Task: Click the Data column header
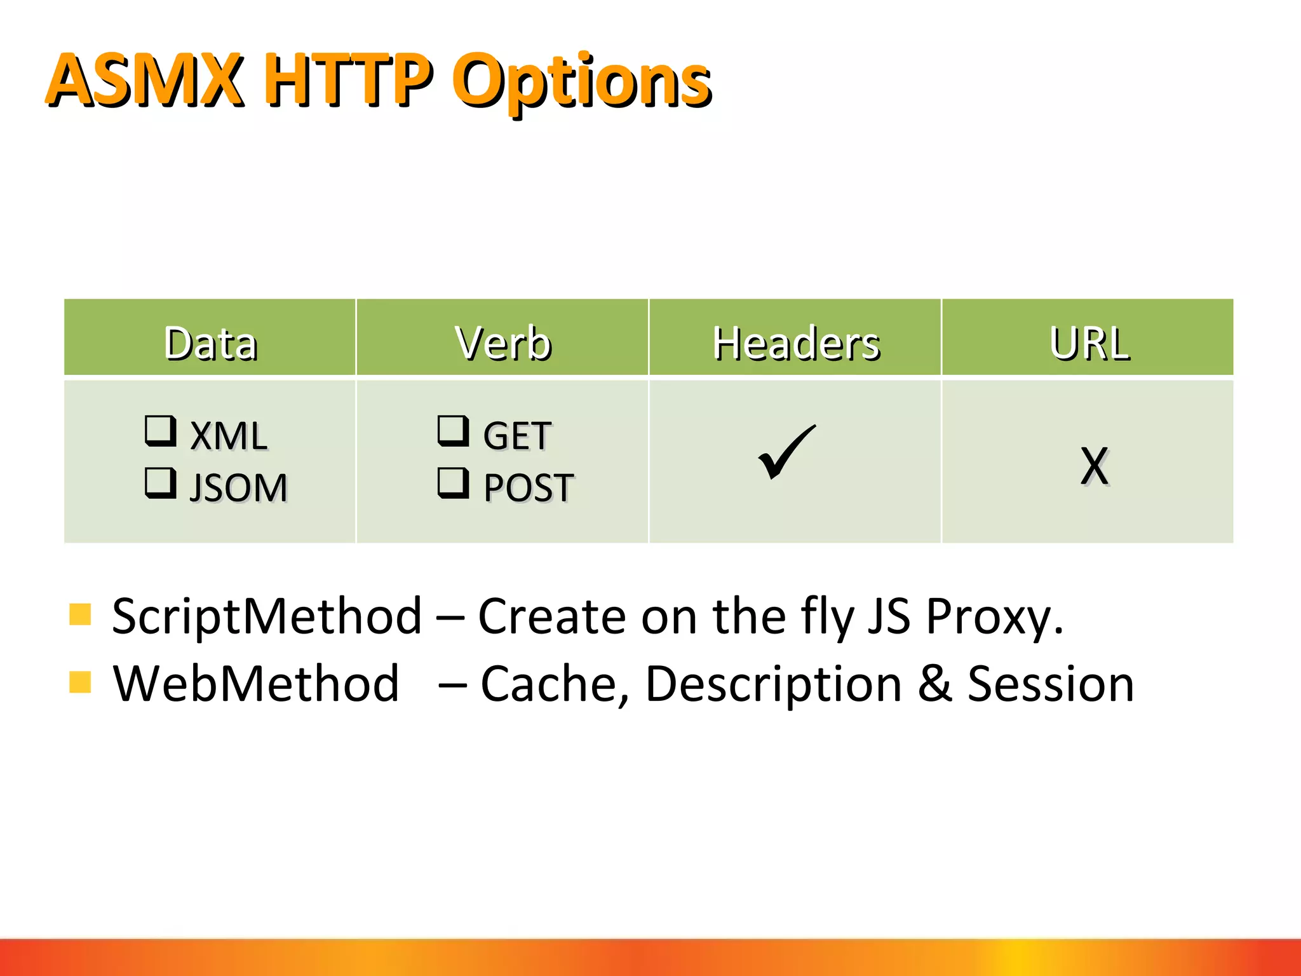coord(210,343)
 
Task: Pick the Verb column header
coord(503,343)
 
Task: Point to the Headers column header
coord(795,343)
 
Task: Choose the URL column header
coord(1089,343)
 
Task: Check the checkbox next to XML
coord(160,431)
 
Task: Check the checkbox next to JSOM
coord(160,483)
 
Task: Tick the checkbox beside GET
coord(453,431)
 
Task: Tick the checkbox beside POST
coord(453,483)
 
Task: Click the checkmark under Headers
coord(786,452)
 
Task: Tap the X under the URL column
coord(1094,466)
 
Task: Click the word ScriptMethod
coord(267,616)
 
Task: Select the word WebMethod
coord(256,684)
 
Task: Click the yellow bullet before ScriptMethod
coord(80,614)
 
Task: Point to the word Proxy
coord(994,618)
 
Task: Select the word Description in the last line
coord(773,685)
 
